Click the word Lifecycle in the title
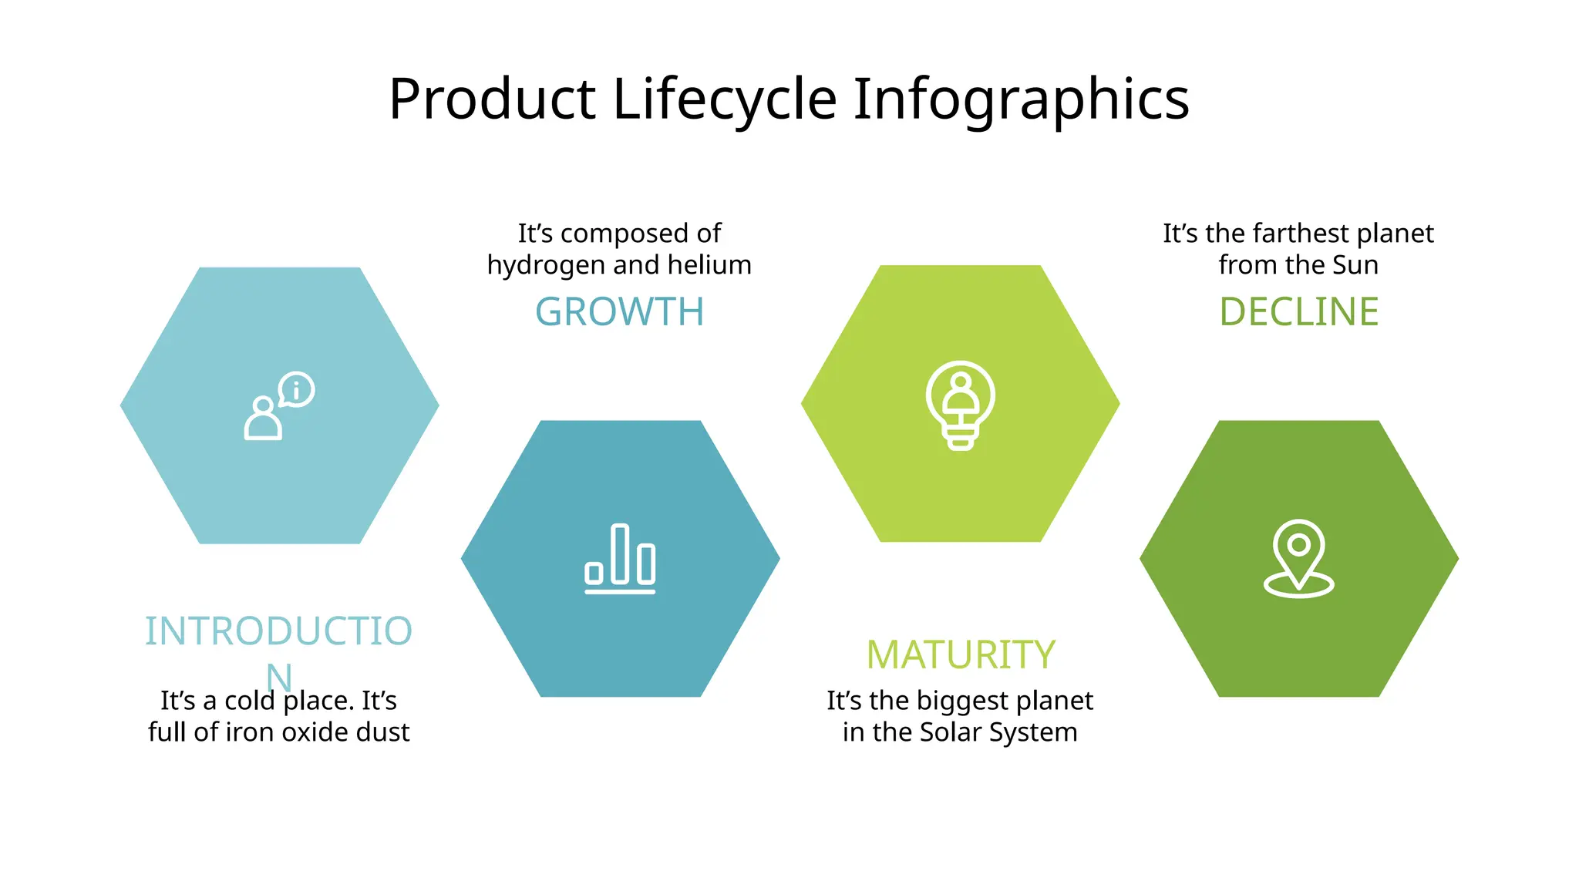724,100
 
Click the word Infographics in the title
1021,100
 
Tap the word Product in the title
492,100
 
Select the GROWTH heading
620,312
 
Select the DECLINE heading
1298,312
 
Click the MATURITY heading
960,655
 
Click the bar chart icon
620,559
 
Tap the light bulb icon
960,405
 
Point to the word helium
709,265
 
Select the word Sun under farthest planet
1355,265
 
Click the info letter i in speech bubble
296,390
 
